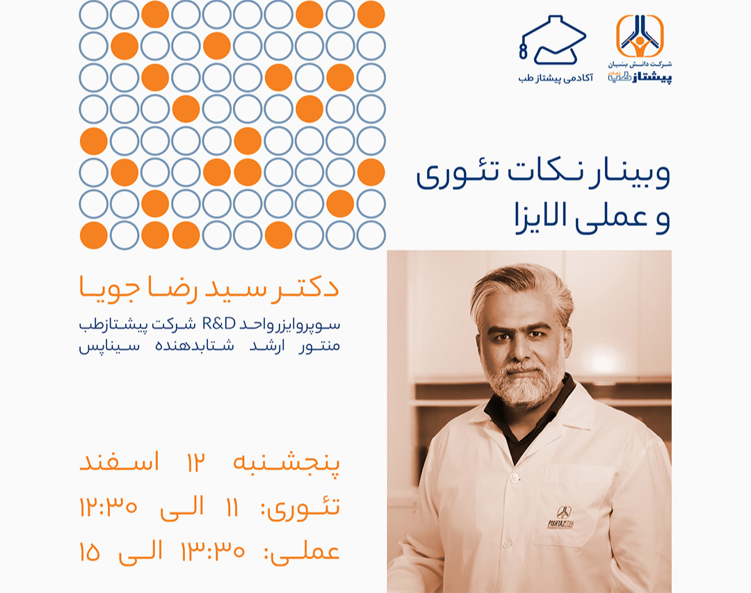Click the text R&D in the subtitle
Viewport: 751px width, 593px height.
(x=219, y=324)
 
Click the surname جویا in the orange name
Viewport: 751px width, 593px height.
(x=109, y=288)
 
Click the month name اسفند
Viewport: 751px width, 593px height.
(x=119, y=462)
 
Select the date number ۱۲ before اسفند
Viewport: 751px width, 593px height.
(x=195, y=462)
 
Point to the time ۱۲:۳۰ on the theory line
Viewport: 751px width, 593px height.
(x=108, y=506)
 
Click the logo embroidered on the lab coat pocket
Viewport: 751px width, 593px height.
(x=561, y=518)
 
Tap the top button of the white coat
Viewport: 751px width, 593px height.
(x=514, y=478)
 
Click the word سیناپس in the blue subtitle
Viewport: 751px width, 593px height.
(x=109, y=346)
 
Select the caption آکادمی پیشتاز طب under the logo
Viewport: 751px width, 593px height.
(x=556, y=77)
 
